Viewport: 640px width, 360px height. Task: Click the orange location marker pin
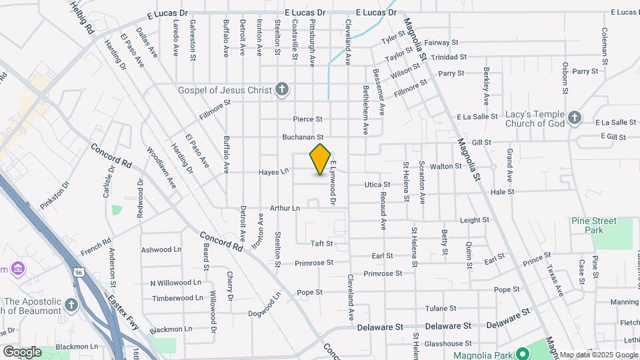tap(321, 159)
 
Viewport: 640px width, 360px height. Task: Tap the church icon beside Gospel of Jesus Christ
tap(282, 89)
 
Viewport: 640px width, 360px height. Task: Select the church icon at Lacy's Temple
tap(575, 118)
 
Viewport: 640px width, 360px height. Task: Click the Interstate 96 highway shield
tap(79, 272)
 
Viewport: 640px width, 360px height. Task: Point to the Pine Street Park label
tap(594, 225)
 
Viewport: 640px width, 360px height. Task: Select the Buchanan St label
tap(301, 137)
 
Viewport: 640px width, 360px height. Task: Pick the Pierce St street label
tap(308, 119)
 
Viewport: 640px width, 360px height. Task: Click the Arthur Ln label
tap(285, 208)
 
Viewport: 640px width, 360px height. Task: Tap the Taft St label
tap(321, 244)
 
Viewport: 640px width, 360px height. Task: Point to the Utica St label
tap(377, 185)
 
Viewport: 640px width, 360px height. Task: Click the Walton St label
tap(447, 166)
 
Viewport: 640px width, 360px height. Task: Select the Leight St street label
tap(475, 219)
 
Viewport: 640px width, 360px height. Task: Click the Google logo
tap(22, 351)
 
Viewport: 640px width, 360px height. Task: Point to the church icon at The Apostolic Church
tap(71, 305)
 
